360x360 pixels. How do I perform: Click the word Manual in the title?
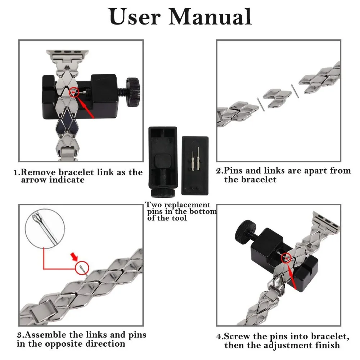click(210, 17)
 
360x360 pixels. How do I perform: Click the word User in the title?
click(134, 17)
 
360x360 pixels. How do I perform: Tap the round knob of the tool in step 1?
click(133, 92)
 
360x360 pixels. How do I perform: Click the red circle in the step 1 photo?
click(74, 92)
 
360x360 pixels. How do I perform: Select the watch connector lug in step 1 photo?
click(67, 56)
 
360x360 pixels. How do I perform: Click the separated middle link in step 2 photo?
click(277, 98)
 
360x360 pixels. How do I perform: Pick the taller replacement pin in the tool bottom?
click(198, 158)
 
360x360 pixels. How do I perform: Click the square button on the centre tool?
click(163, 161)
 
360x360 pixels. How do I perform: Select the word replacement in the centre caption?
click(187, 205)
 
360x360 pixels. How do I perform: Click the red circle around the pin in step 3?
click(82, 268)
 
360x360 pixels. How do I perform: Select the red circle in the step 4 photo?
click(286, 257)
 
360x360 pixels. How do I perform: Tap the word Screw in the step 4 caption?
click(237, 336)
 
